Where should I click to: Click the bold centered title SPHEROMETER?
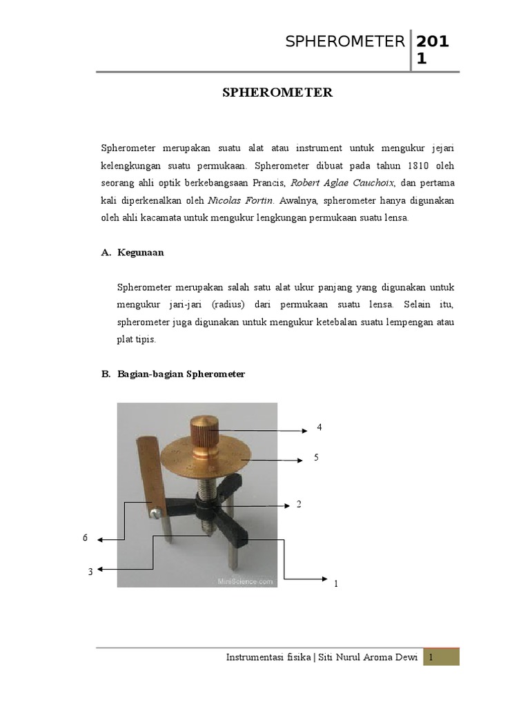coord(277,92)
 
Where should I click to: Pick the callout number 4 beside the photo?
coord(320,427)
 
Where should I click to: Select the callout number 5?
coord(316,457)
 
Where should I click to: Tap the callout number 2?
coord(299,505)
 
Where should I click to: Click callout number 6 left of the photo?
coord(86,537)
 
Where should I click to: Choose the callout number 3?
coord(90,571)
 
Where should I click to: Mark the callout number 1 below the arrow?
coord(335,584)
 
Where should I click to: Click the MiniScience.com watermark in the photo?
coord(245,581)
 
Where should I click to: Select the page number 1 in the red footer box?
coord(431,658)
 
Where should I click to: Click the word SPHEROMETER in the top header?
coord(345,42)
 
